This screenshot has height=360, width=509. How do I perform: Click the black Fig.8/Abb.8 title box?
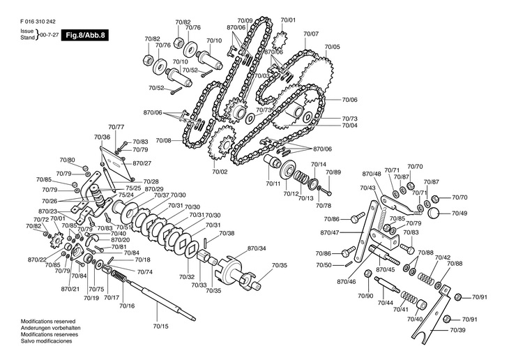[x=85, y=35]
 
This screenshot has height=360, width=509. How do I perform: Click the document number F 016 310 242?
[x=38, y=22]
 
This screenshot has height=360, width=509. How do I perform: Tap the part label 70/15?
[x=160, y=327]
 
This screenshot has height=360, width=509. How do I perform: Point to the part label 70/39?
[x=457, y=330]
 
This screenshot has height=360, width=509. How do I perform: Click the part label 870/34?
[x=257, y=248]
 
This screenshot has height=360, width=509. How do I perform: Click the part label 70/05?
[x=333, y=47]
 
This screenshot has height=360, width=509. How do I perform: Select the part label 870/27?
[x=142, y=163]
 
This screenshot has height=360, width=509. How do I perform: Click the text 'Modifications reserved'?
[x=48, y=322]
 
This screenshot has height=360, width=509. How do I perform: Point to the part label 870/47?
[x=330, y=232]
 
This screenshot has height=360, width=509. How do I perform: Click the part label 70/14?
[x=319, y=165]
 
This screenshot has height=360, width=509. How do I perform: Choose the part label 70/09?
[x=245, y=20]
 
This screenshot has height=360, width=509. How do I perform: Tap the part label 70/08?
[x=163, y=141]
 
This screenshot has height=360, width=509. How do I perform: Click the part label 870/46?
[x=347, y=281]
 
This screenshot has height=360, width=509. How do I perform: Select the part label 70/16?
[x=127, y=306]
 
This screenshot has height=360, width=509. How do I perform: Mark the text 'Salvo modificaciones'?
[x=47, y=341]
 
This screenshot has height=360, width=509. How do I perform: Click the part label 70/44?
[x=386, y=303]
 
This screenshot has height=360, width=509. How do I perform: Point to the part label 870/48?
[x=372, y=174]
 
